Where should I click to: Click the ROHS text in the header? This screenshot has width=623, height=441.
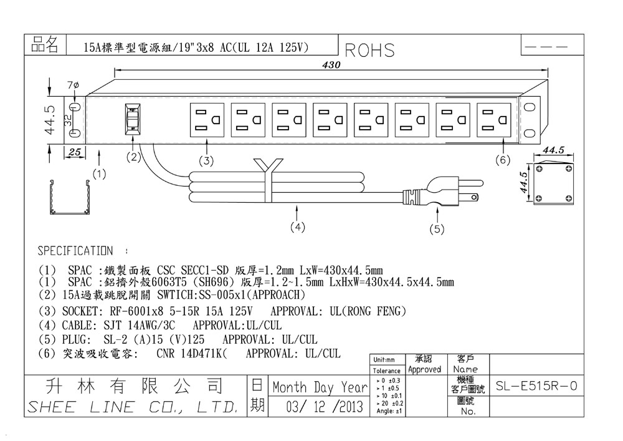[x=369, y=51]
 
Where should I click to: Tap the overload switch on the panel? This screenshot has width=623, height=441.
[x=132, y=119]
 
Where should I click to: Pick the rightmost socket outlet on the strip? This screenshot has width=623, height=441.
[x=494, y=120]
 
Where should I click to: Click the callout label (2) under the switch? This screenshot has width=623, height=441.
[x=133, y=157]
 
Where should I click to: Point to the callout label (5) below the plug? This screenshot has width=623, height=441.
[x=437, y=230]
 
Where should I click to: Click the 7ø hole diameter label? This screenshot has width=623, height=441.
[x=72, y=84]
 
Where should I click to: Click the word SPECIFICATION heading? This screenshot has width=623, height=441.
[x=75, y=251]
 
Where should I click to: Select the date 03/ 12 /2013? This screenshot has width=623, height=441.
[x=325, y=408]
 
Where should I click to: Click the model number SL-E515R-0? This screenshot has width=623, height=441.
[x=536, y=387]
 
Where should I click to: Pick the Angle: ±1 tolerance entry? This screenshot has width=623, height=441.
[x=388, y=411]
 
